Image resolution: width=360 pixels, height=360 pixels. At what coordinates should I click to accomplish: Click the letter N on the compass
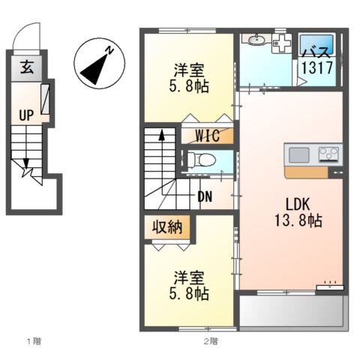coord(109,51)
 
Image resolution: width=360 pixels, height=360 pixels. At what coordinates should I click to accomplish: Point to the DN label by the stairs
coord(205,196)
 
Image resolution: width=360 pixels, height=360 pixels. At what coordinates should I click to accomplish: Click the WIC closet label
coord(208,136)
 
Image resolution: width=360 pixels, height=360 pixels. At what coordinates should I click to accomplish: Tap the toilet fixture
coord(201,160)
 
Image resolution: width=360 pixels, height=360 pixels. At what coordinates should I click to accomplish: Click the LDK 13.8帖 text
coord(292,212)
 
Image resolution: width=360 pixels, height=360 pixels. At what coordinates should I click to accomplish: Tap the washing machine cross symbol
coord(282,42)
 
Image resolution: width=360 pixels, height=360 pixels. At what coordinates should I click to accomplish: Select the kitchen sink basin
coord(299,155)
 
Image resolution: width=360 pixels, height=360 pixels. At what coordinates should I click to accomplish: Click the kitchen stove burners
coord(328,155)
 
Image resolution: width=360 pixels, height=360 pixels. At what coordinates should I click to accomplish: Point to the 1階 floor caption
coord(33,342)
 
